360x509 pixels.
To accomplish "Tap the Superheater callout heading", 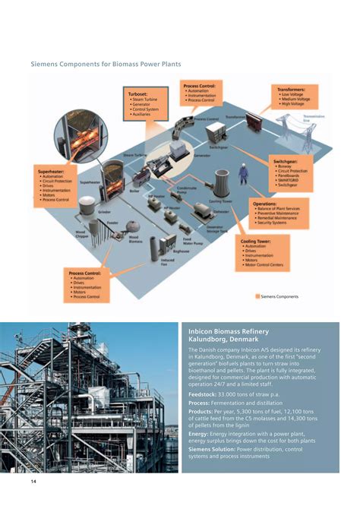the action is (x=51, y=172).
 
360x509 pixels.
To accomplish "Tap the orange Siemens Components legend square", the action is (x=257, y=296).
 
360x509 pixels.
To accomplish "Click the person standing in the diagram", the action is (x=243, y=175).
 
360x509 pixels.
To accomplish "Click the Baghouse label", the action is (x=181, y=250).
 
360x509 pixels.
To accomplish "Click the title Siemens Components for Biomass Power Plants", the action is (x=106, y=65).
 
